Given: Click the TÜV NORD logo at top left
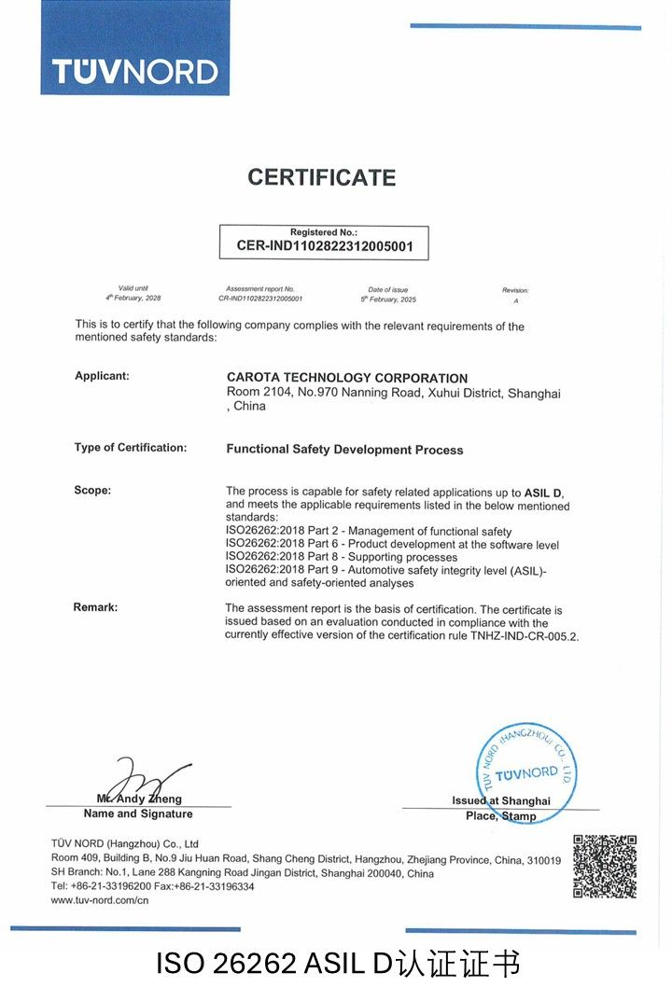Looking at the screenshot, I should tap(134, 71).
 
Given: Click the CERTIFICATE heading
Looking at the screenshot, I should tap(322, 177).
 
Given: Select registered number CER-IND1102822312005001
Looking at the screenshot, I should tap(324, 247).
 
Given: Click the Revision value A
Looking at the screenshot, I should tap(515, 300).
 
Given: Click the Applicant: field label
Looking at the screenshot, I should tap(102, 376).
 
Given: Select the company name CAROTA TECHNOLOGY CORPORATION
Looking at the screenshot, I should tap(347, 378).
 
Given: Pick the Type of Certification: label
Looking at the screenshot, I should tap(131, 448).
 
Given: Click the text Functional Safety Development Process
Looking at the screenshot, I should tap(344, 450).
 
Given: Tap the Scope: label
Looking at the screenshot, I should tap(92, 491).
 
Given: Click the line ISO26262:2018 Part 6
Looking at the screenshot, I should tap(392, 544).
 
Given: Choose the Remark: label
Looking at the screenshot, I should tap(95, 607).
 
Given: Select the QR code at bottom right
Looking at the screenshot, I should tap(604, 867).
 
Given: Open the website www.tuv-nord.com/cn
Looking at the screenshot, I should tap(100, 900).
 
